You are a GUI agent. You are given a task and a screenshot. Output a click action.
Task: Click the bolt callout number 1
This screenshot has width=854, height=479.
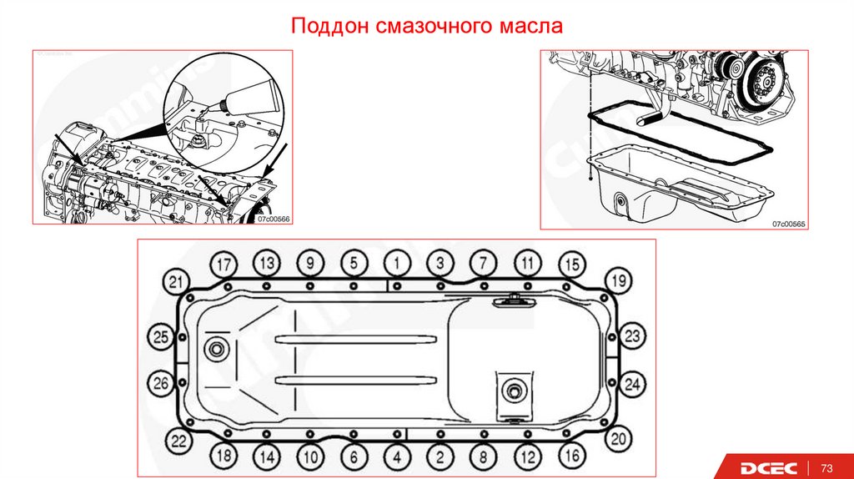[x=398, y=263]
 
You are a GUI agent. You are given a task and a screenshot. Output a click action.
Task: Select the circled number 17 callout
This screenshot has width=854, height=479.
[x=223, y=263]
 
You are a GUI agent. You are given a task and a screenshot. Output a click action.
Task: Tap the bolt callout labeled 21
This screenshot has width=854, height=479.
[x=175, y=281]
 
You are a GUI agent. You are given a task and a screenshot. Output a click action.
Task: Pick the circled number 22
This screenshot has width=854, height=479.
[x=175, y=440]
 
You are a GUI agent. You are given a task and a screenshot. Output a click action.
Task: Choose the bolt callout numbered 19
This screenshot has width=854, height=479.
[x=616, y=279]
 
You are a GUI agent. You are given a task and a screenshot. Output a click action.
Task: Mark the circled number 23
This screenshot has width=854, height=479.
[x=633, y=336]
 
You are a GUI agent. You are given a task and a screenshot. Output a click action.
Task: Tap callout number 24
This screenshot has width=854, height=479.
[x=633, y=384]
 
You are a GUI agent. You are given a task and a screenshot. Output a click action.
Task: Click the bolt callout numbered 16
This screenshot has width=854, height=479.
[x=571, y=456]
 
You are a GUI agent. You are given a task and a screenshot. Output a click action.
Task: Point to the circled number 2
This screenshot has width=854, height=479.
[x=440, y=456]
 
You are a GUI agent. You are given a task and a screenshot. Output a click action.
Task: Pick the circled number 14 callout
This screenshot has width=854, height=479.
[x=266, y=456]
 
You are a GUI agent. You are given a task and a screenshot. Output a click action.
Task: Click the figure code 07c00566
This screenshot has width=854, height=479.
[x=273, y=218]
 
